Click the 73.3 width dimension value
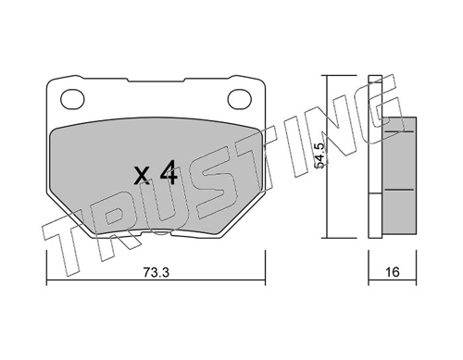[156, 272]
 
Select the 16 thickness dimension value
[392, 272]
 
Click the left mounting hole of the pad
[72, 99]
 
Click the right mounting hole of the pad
[240, 99]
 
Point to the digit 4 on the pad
[169, 173]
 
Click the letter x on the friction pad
[143, 177]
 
